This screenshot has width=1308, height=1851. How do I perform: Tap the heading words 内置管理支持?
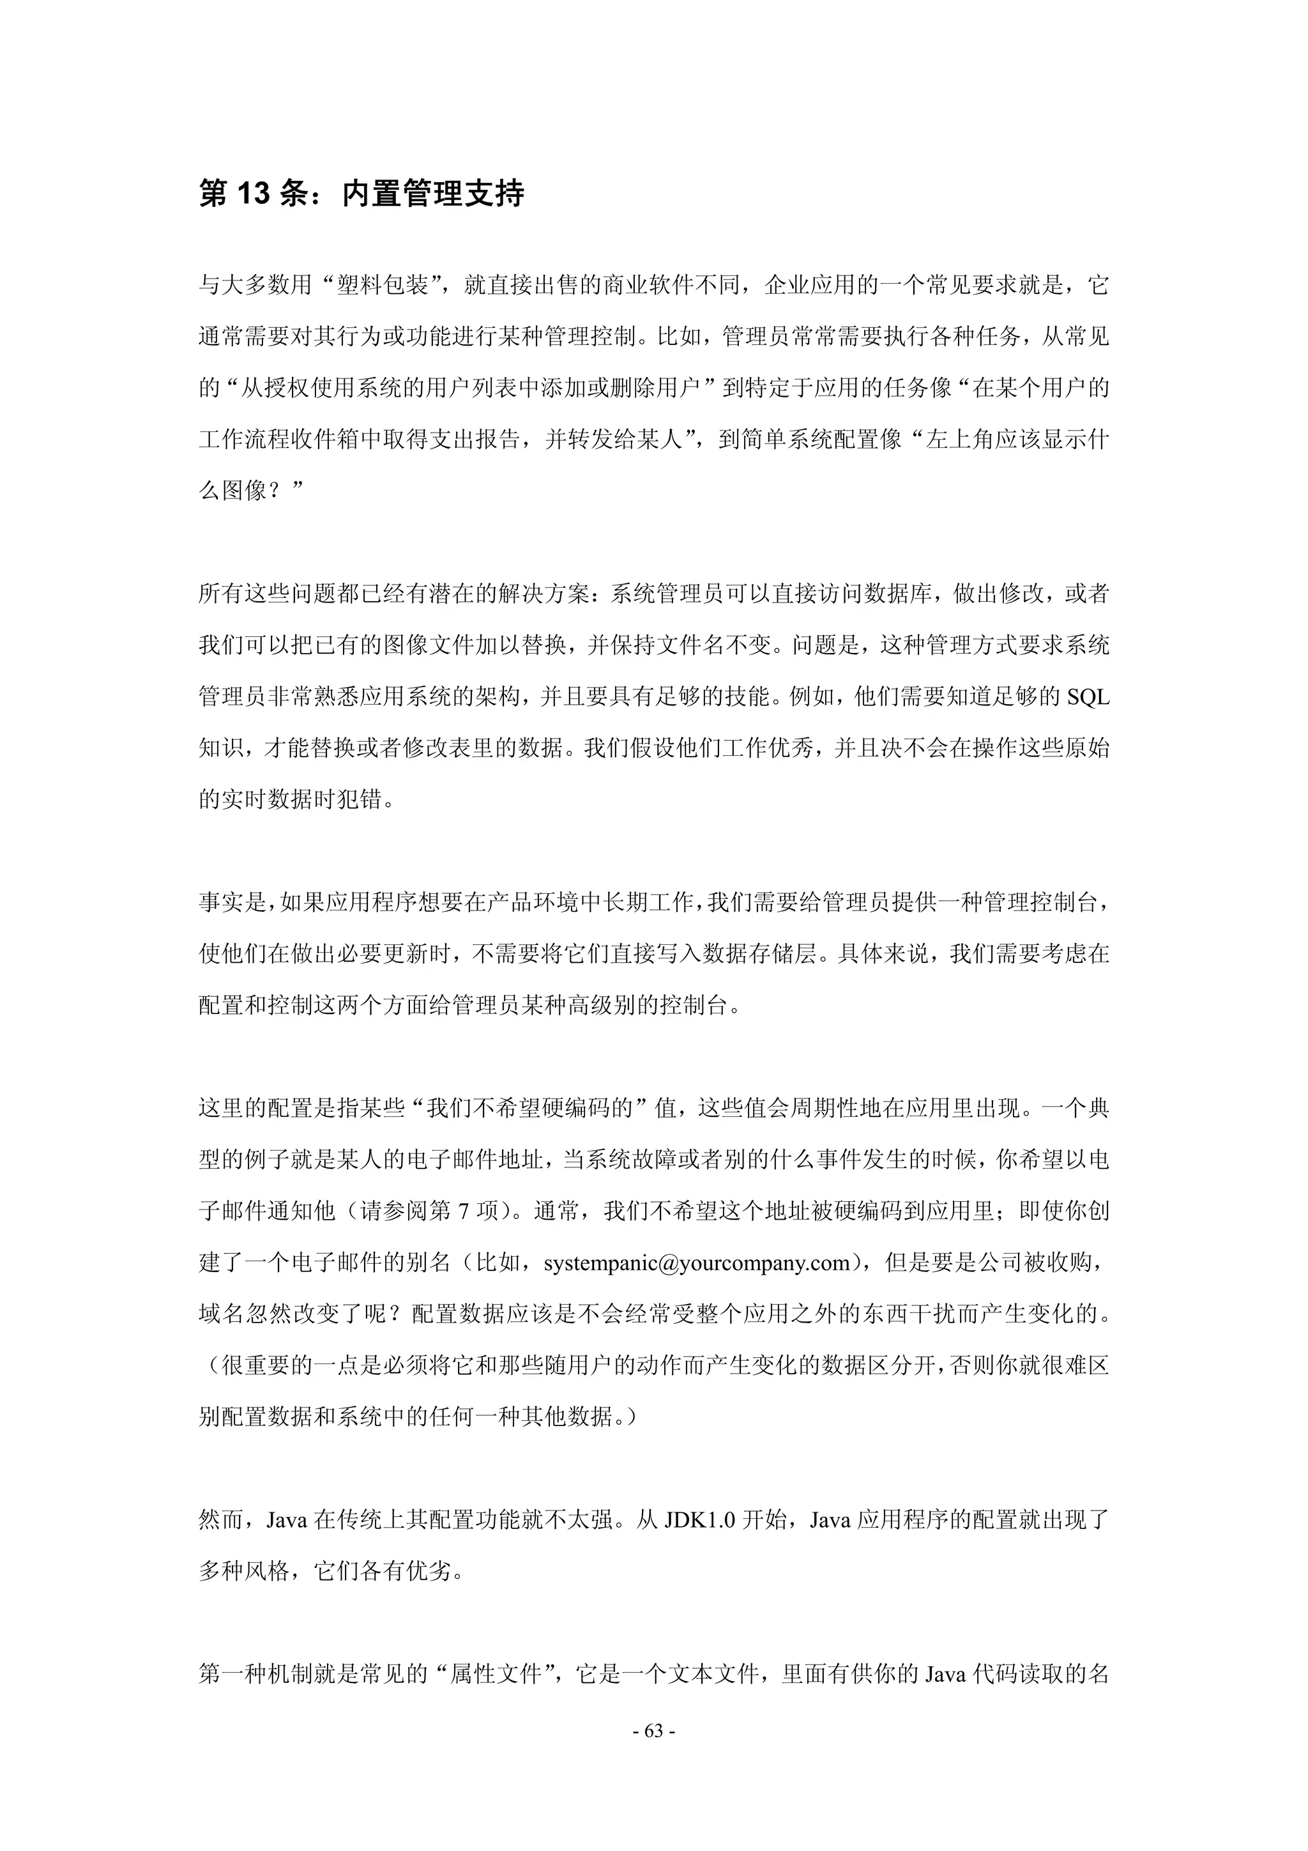[433, 194]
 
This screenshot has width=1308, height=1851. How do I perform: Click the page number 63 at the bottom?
[653, 1731]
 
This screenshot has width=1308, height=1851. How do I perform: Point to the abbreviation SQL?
[1087, 697]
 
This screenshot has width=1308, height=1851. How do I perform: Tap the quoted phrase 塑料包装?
[382, 286]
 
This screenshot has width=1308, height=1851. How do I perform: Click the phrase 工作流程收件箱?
[279, 440]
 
